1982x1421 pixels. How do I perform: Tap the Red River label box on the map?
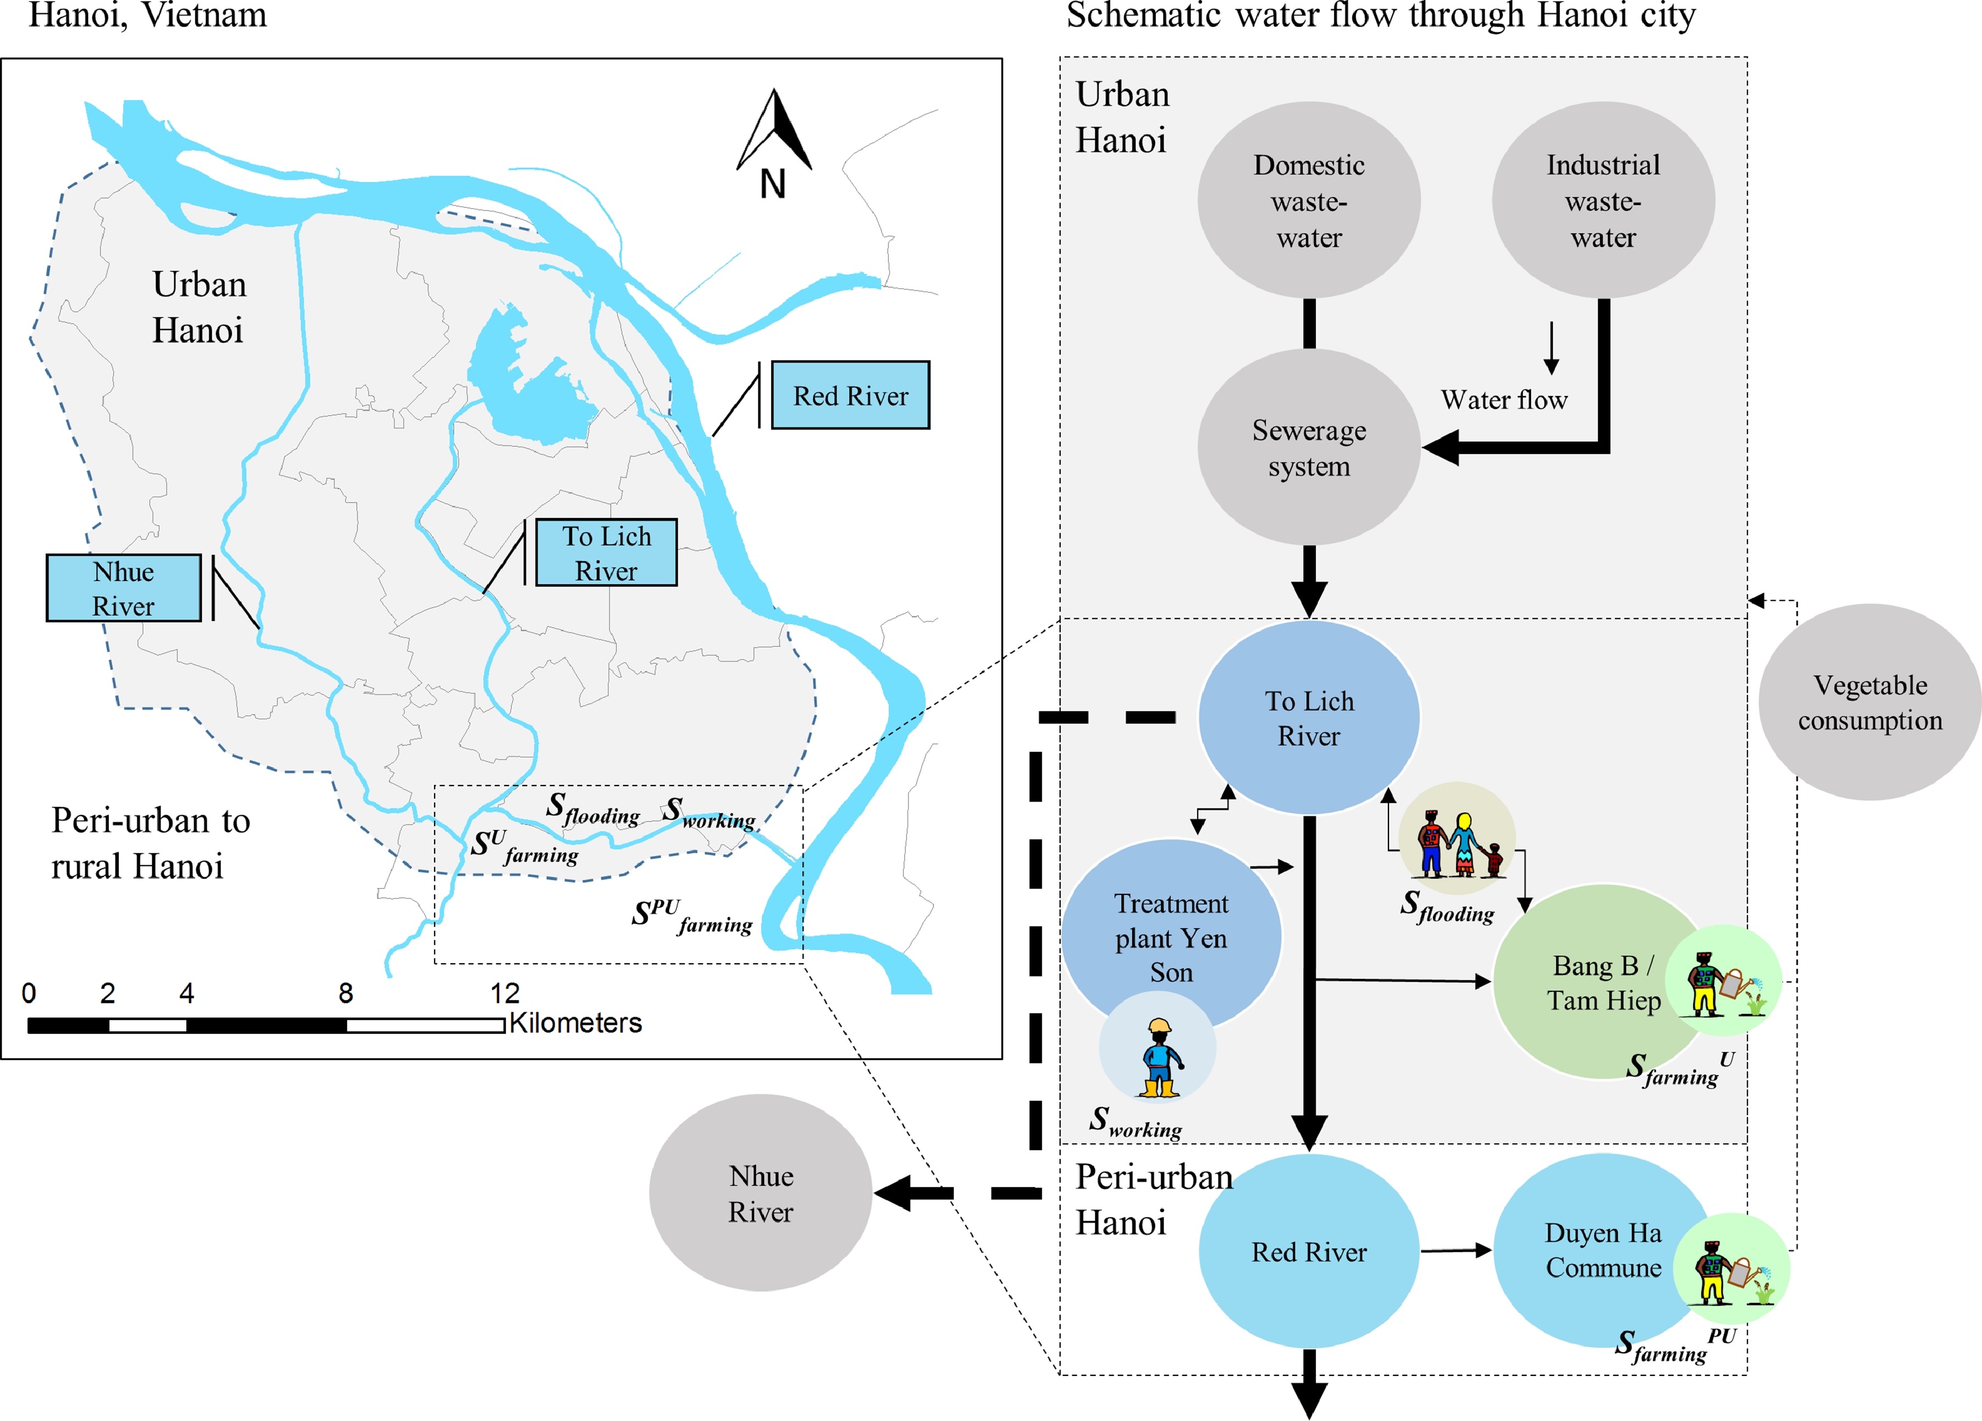[850, 395]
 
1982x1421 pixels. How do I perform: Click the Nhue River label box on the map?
[123, 588]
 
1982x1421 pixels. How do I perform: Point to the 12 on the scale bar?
[504, 993]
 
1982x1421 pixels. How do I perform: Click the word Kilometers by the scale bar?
[575, 1023]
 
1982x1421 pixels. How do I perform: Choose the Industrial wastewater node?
[1603, 200]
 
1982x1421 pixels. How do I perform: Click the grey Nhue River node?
[760, 1193]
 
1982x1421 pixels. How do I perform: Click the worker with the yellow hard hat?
[1159, 1057]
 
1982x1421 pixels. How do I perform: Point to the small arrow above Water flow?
[1551, 348]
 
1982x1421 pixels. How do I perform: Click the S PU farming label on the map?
[692, 916]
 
